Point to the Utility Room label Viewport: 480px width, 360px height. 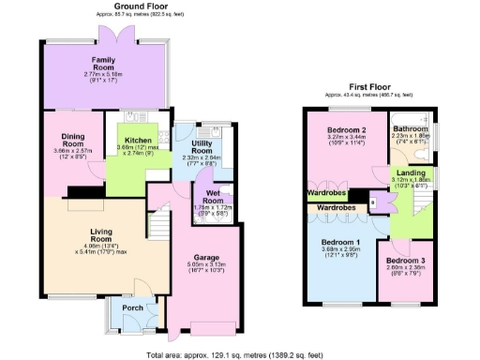coord(201,147)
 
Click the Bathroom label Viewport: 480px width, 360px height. coord(410,128)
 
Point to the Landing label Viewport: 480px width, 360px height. coord(410,172)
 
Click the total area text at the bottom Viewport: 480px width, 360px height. coord(240,355)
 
